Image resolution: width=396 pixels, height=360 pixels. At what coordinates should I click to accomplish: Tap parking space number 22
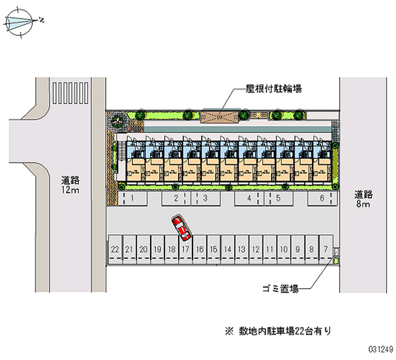[x=115, y=250]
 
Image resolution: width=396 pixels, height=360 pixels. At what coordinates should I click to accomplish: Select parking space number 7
[x=325, y=250]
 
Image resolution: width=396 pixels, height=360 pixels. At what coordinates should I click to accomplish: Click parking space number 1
[x=132, y=199]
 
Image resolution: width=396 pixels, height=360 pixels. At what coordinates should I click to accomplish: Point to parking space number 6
[x=322, y=199]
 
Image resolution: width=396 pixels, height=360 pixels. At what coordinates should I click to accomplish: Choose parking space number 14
[x=227, y=250]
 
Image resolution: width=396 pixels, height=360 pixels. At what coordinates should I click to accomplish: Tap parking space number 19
[x=157, y=250]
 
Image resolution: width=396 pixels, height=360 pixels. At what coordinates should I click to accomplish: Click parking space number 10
[x=283, y=250]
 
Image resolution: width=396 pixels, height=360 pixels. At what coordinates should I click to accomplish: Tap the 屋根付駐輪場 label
[x=274, y=89]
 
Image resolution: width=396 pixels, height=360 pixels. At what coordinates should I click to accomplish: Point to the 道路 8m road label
[x=363, y=199]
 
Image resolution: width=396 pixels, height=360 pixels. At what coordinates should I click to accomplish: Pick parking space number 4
[x=249, y=199]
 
